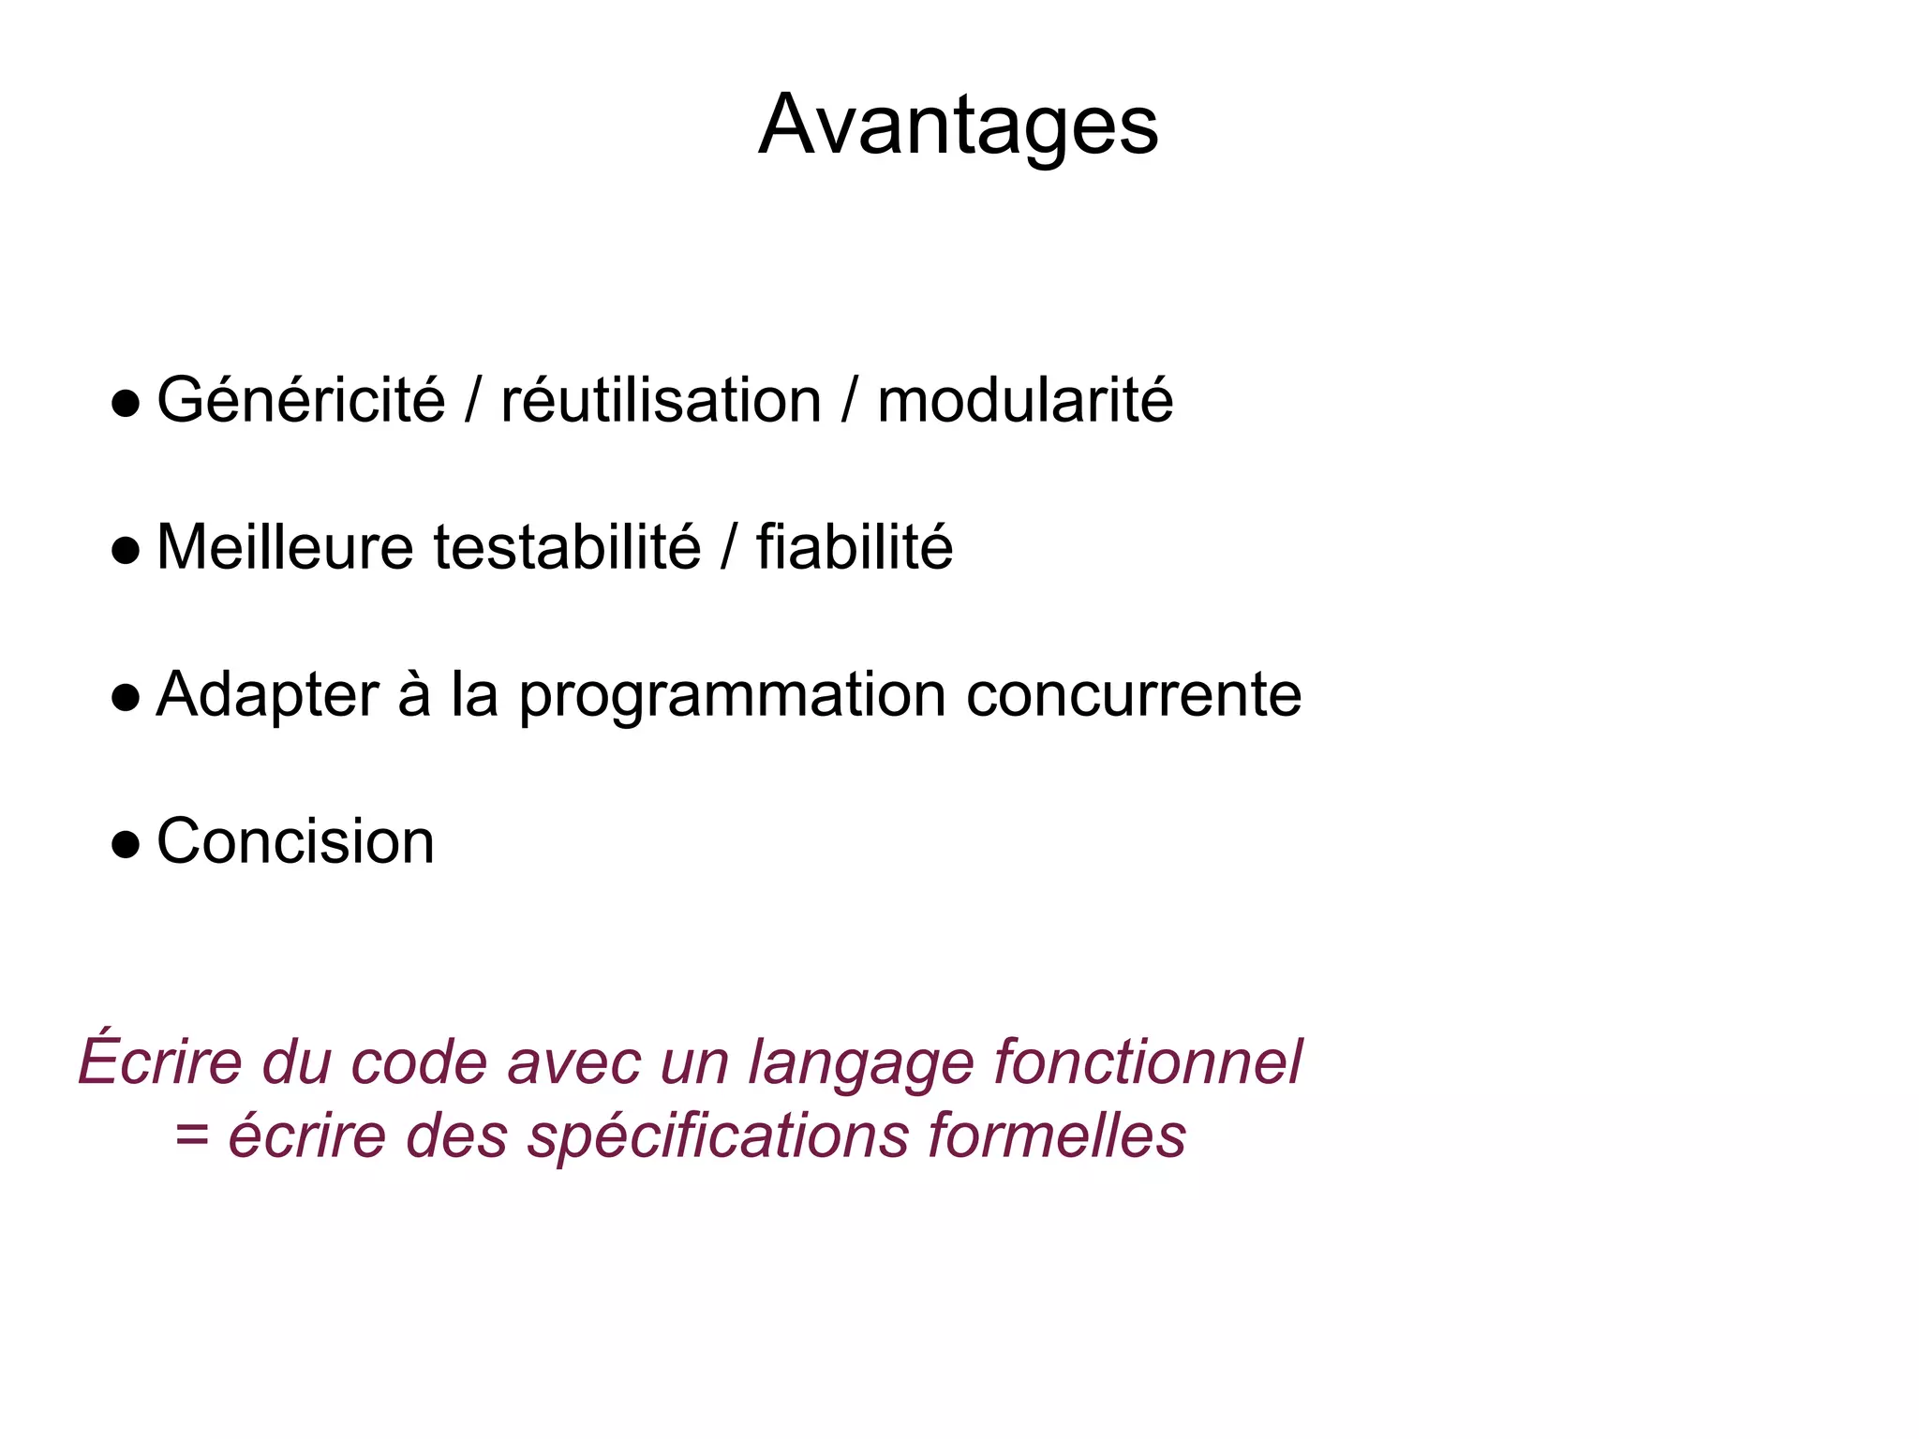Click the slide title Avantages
click(958, 126)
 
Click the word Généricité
click(301, 401)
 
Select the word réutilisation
click(661, 401)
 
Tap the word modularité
click(1024, 401)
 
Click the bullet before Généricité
click(126, 405)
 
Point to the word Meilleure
click(285, 547)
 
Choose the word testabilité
click(567, 547)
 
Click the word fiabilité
click(855, 547)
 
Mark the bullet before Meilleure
click(126, 551)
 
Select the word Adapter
click(267, 696)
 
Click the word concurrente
click(1134, 696)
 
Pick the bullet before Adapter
click(126, 698)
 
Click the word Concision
click(295, 841)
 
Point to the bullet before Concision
click(126, 845)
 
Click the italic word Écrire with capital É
click(160, 1061)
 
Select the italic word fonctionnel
click(1147, 1062)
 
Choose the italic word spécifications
click(718, 1136)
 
